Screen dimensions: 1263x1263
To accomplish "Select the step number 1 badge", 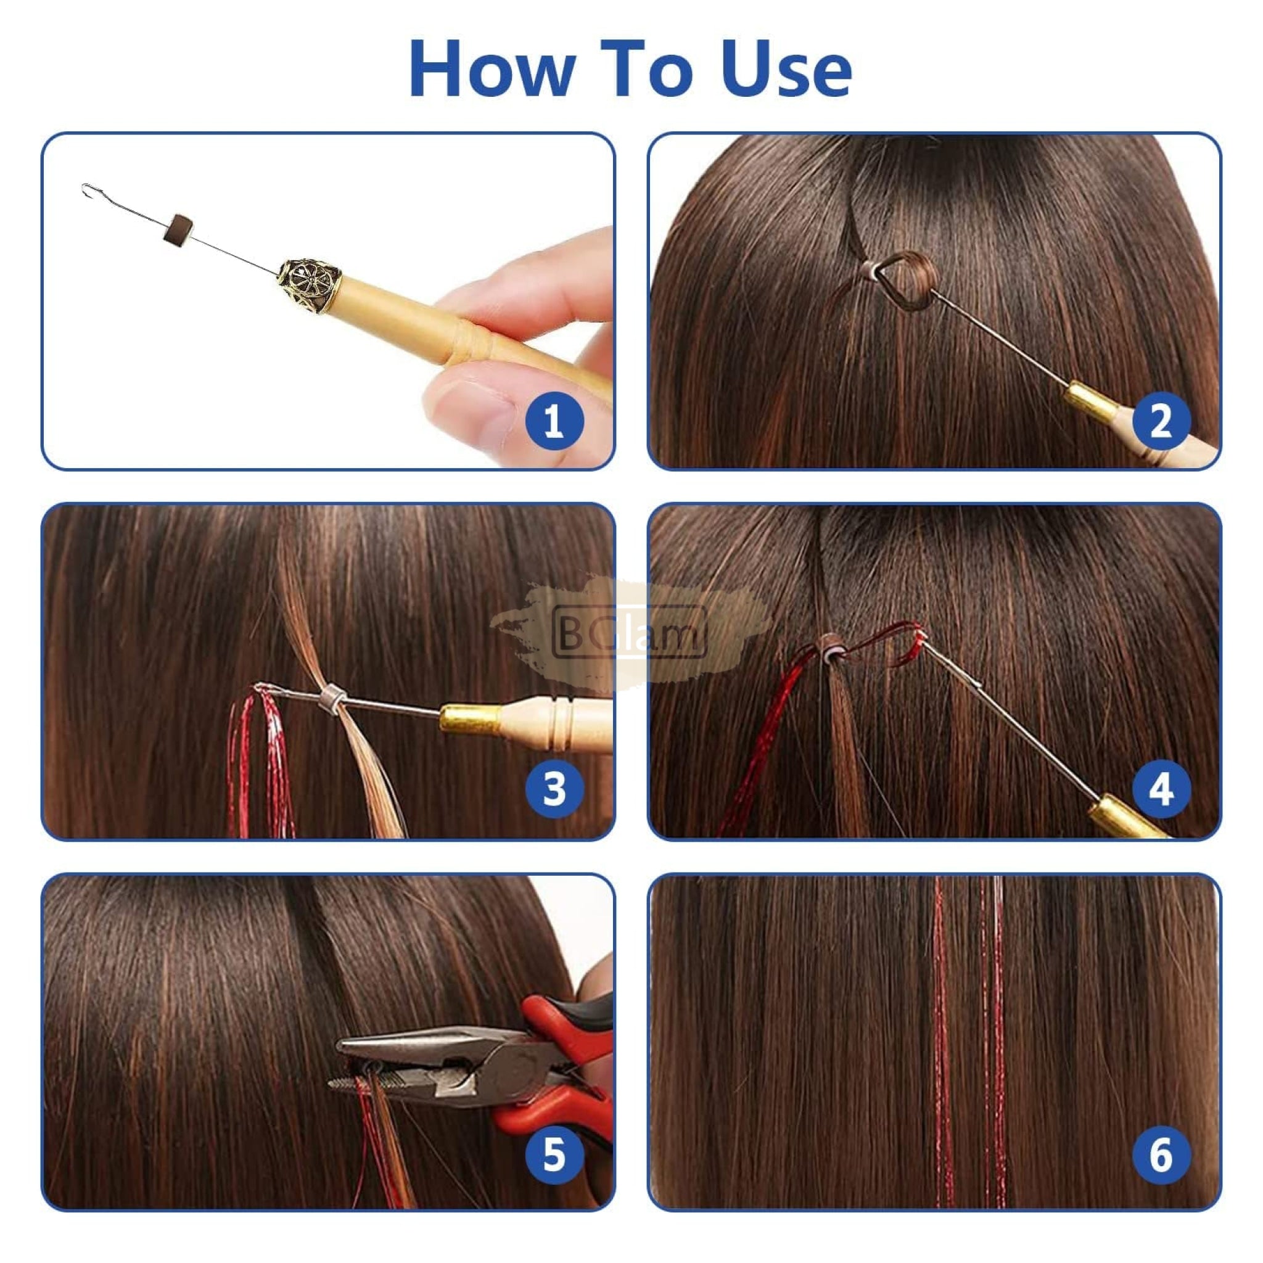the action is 554,421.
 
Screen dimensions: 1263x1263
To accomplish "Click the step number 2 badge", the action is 1161,421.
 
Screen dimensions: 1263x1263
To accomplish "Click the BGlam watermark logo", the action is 629,631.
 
